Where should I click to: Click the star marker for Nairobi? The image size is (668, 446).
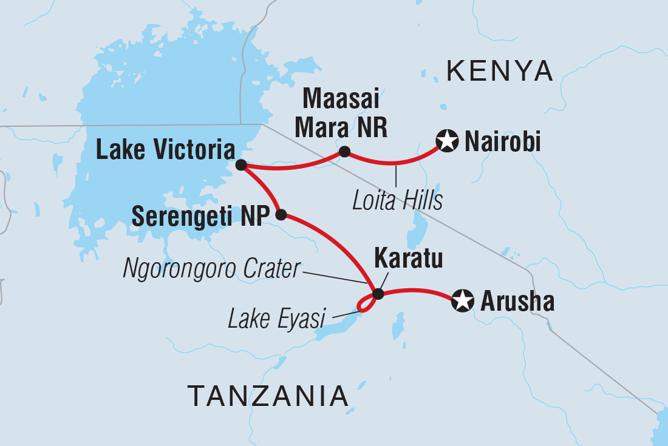[x=448, y=143]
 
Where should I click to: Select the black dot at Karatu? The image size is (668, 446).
[x=378, y=294]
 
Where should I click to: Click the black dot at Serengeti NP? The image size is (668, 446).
[x=281, y=214]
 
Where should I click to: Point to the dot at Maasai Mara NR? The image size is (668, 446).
[x=344, y=152]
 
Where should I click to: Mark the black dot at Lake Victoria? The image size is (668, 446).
[x=241, y=165]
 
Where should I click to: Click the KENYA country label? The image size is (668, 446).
[x=500, y=72]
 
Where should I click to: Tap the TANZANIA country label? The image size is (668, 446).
[x=267, y=396]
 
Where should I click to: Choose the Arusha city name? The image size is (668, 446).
[x=517, y=302]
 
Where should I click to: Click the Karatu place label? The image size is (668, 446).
[x=407, y=259]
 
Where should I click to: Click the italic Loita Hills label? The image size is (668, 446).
[x=397, y=201]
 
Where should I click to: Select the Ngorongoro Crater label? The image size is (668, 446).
[x=212, y=269]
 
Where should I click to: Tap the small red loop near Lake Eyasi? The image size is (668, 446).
[x=364, y=305]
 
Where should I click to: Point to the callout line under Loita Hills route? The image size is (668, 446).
[x=396, y=175]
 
